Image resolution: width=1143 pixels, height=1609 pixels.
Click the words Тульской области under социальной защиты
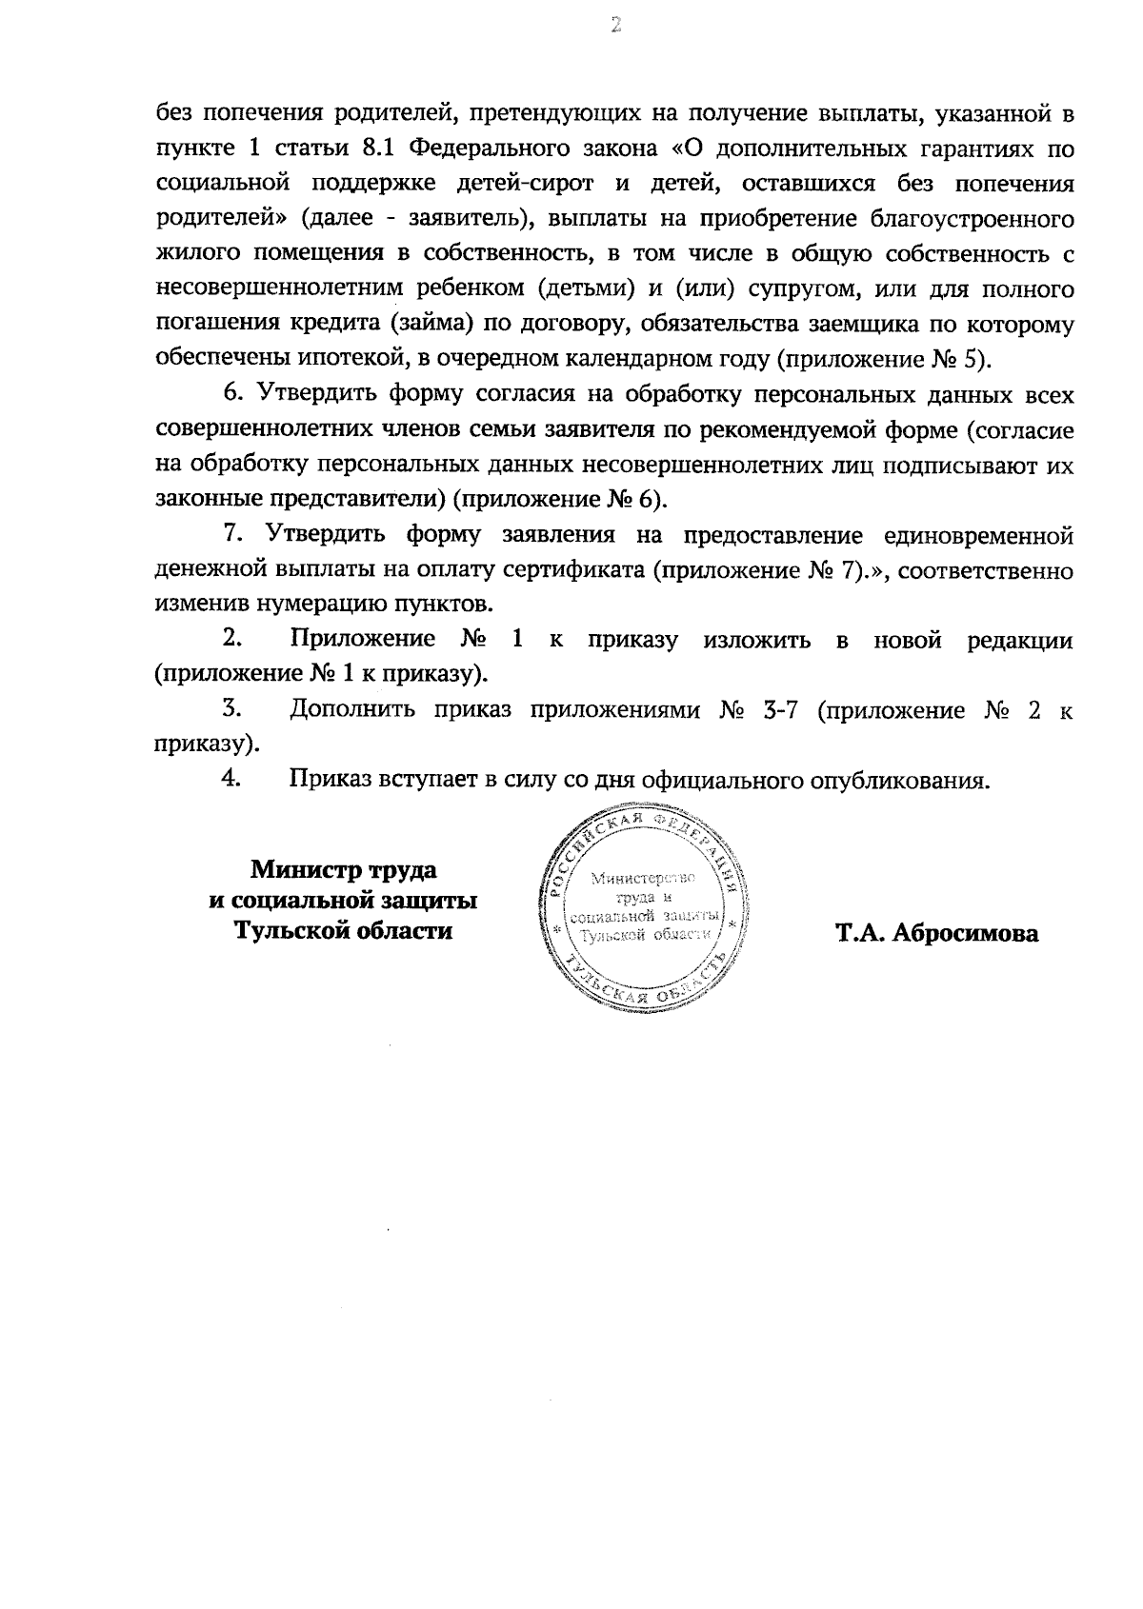click(344, 930)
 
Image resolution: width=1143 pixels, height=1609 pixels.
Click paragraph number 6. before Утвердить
click(233, 395)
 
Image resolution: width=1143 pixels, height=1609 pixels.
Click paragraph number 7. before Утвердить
click(233, 535)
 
